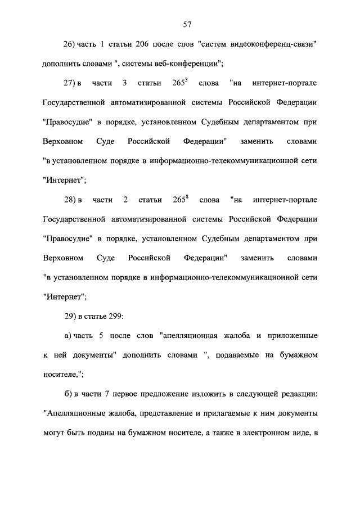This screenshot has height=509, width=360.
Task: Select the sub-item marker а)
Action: click(x=68, y=336)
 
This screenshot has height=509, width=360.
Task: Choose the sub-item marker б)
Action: click(x=68, y=394)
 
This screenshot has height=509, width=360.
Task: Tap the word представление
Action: click(x=161, y=415)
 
